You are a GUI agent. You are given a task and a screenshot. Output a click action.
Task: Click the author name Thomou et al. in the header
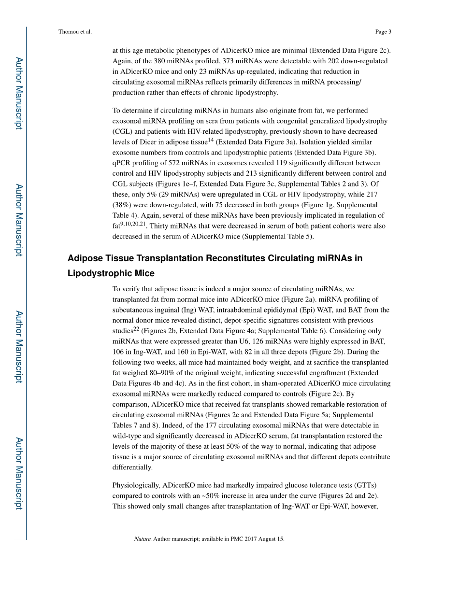(x=75, y=32)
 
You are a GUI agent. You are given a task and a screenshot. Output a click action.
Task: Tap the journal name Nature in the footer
(x=143, y=539)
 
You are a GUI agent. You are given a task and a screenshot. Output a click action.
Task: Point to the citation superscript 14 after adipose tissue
(x=211, y=140)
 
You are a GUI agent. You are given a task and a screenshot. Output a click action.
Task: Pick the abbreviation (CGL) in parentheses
(x=123, y=131)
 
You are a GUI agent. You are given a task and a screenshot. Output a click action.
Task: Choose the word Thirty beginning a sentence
(x=159, y=226)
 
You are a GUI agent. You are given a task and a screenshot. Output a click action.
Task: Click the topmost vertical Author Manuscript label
(x=18, y=93)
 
